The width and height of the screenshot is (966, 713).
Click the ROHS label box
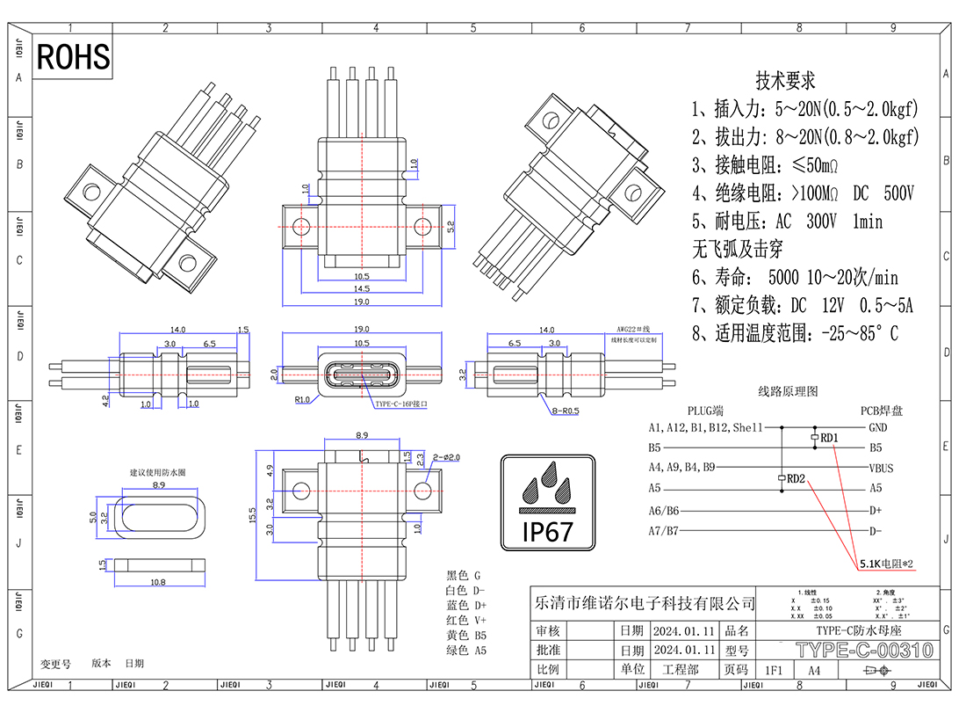point(74,57)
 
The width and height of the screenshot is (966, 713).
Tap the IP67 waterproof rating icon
point(549,503)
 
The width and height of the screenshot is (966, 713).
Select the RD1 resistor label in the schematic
point(829,437)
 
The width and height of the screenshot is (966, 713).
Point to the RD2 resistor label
point(796,479)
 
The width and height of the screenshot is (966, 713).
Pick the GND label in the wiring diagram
point(877,428)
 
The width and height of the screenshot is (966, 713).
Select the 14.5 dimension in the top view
point(361,288)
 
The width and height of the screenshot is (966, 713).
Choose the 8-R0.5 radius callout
point(566,411)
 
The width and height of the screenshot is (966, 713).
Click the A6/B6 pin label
point(664,511)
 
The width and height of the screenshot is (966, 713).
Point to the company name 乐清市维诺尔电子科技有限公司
point(645,604)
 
